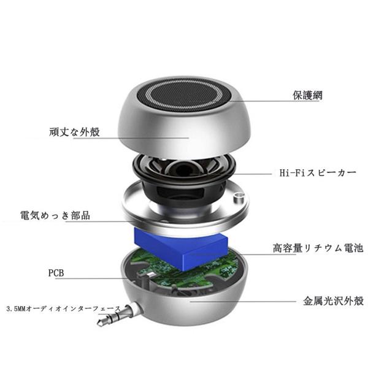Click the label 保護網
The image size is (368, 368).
307,95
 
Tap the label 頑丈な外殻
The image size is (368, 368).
75,132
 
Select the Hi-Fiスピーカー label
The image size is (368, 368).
318,173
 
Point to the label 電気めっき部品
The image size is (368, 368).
55,215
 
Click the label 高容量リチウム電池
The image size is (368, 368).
318,248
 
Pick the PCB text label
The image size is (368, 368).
56,273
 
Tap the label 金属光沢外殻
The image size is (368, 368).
333,301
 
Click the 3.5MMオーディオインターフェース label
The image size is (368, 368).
63,309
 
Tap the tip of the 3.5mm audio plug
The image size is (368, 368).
99,323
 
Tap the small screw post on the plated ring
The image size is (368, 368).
239,197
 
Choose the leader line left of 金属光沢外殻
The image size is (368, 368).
243,302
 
